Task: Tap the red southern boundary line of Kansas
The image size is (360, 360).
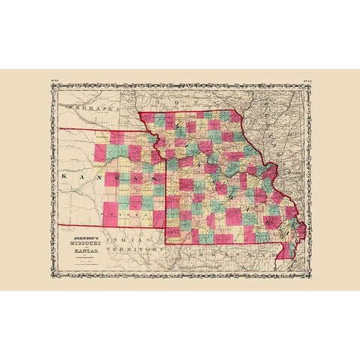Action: [105, 225]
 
